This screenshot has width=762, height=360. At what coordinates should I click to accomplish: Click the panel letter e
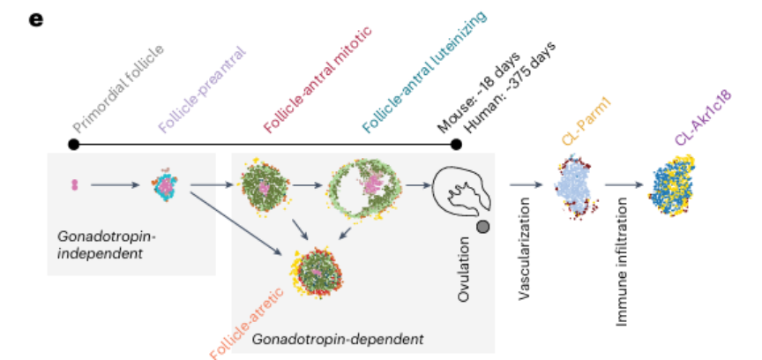point(36,20)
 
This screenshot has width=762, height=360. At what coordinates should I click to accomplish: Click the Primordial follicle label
point(118,88)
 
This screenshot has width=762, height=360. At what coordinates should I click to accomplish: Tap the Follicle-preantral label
point(202,89)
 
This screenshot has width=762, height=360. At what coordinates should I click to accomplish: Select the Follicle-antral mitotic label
point(317,79)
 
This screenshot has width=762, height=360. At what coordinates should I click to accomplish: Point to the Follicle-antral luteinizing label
point(423,72)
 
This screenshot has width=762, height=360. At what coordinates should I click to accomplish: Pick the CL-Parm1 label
point(586,120)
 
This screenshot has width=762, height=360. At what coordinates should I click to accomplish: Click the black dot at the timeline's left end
point(73,145)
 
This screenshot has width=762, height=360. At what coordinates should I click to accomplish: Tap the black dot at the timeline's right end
point(456,145)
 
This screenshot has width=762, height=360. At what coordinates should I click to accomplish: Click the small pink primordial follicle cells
point(74,185)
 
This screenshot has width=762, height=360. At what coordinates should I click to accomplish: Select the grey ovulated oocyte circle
point(482,227)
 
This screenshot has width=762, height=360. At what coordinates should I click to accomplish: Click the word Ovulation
point(464,269)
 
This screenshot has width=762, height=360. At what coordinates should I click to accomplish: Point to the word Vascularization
point(523,248)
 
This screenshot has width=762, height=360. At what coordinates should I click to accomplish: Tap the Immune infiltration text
point(622,261)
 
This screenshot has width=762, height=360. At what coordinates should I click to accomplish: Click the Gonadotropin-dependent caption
point(337,339)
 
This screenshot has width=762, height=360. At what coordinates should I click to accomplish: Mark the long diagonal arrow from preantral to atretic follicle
point(236,223)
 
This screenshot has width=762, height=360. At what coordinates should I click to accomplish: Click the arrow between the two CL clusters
point(624,185)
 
